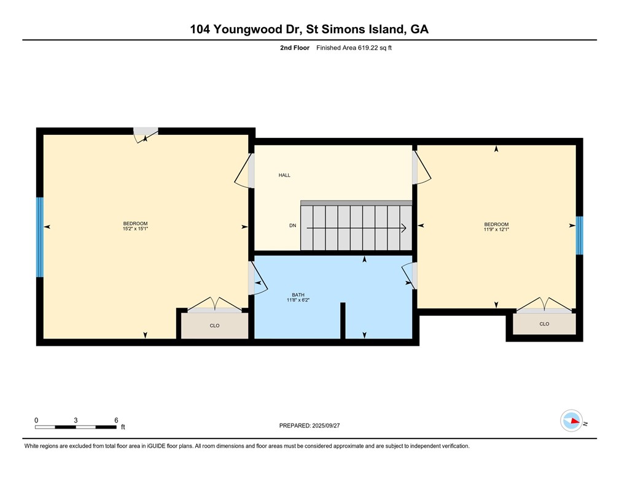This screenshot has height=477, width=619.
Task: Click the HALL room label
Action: [284, 175]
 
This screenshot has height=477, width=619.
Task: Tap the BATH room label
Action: [298, 295]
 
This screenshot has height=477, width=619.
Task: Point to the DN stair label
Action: [293, 226]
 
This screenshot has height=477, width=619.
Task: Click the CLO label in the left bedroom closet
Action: [214, 326]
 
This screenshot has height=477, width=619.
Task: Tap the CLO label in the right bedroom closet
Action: [544, 324]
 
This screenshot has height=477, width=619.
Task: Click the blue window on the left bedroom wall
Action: [40, 237]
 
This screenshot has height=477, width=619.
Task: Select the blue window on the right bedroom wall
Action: [579, 235]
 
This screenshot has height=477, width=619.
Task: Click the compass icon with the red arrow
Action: [572, 421]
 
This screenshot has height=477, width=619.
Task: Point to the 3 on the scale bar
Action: [76, 420]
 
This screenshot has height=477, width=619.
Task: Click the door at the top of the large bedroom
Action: [146, 133]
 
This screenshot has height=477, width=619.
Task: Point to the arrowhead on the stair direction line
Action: [403, 229]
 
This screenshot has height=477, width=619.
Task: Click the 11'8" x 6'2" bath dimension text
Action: [298, 300]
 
